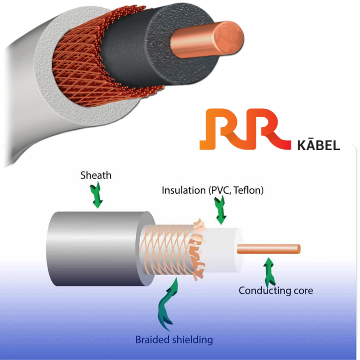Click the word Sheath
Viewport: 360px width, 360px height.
coord(96,175)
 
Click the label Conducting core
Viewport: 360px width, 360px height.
coord(276,291)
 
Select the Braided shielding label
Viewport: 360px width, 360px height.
coord(174,339)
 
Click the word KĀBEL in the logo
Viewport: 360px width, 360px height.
coord(318,145)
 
